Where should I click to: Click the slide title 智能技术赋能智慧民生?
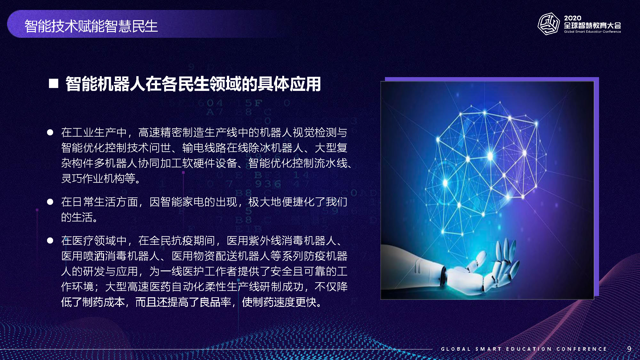(x=91, y=26)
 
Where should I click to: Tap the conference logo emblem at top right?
(x=548, y=24)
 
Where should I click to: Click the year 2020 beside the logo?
(x=573, y=18)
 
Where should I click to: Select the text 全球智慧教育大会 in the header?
(x=592, y=26)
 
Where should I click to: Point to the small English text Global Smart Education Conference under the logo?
(x=592, y=32)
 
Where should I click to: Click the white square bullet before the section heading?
(x=53, y=84)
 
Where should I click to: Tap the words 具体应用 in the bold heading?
(x=289, y=84)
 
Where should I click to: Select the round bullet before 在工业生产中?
(x=50, y=132)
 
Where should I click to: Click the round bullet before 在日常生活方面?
(x=50, y=202)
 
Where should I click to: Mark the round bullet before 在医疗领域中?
(x=50, y=240)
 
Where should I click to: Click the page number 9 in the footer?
(x=629, y=349)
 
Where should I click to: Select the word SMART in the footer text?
(x=488, y=349)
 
